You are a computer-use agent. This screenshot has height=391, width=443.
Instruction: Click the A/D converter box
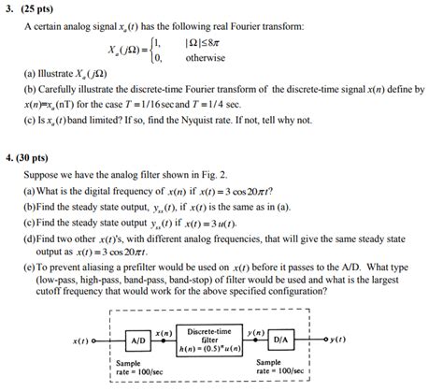click(138, 340)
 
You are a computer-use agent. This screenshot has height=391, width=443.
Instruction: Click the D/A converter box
click(283, 340)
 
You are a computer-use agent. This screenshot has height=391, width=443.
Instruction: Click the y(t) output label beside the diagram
click(341, 340)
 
